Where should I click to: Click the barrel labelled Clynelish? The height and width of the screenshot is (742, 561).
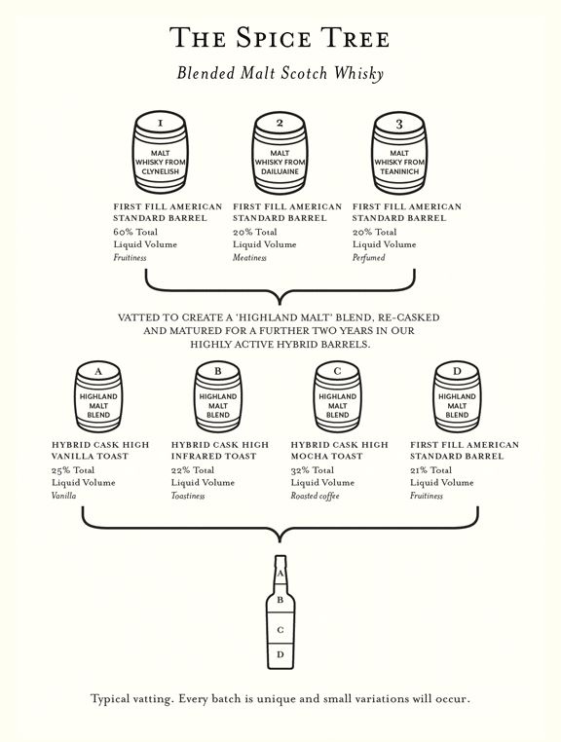(x=160, y=152)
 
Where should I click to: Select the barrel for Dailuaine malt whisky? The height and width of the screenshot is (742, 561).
(x=280, y=152)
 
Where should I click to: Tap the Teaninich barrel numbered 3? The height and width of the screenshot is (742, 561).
(x=399, y=152)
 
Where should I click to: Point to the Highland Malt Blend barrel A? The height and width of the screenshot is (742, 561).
(x=98, y=397)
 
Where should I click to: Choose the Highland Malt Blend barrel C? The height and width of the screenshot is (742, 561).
(x=337, y=397)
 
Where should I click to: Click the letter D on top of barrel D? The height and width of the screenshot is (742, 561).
(x=457, y=371)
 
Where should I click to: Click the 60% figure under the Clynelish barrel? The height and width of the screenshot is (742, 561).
(x=123, y=232)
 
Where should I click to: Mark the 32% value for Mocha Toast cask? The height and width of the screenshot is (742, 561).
(x=300, y=470)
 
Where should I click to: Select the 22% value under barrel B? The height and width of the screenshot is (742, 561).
(x=181, y=470)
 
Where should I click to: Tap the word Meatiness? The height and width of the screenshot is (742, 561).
(x=249, y=258)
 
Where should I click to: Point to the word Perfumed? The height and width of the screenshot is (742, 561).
(x=369, y=258)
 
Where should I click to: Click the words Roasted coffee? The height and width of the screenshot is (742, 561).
(x=315, y=496)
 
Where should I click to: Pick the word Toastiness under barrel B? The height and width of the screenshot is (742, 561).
(x=188, y=496)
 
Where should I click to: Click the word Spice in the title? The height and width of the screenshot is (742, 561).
(x=274, y=38)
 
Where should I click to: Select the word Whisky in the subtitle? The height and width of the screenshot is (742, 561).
(x=358, y=73)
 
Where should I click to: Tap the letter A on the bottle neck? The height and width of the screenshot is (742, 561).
(x=280, y=574)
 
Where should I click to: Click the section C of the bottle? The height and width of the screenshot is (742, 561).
(x=280, y=628)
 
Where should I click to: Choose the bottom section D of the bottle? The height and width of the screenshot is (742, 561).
(x=280, y=656)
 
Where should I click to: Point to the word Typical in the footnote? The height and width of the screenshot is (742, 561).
(x=110, y=699)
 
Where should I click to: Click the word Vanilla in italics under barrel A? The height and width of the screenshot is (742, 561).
(x=64, y=496)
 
